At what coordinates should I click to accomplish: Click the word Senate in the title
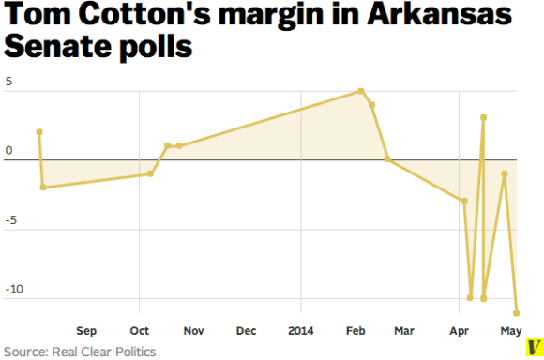pyautogui.click(x=62, y=48)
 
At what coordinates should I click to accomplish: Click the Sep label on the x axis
pyautogui.click(x=86, y=331)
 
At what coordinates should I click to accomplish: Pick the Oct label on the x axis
pyautogui.click(x=139, y=331)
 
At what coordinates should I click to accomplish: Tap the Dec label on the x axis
pyautogui.click(x=247, y=331)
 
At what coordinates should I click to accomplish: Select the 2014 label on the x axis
pyautogui.click(x=301, y=331)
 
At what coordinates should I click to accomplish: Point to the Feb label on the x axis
pyautogui.click(x=355, y=331)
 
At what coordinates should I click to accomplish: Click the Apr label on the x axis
pyautogui.click(x=460, y=331)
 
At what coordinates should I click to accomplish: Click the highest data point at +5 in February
pyautogui.click(x=361, y=91)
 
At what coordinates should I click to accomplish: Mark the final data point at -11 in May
pyautogui.click(x=516, y=313)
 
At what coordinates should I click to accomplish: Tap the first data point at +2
pyautogui.click(x=39, y=132)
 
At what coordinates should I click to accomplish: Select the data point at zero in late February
pyautogui.click(x=387, y=160)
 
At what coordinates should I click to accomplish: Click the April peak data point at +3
pyautogui.click(x=483, y=118)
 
